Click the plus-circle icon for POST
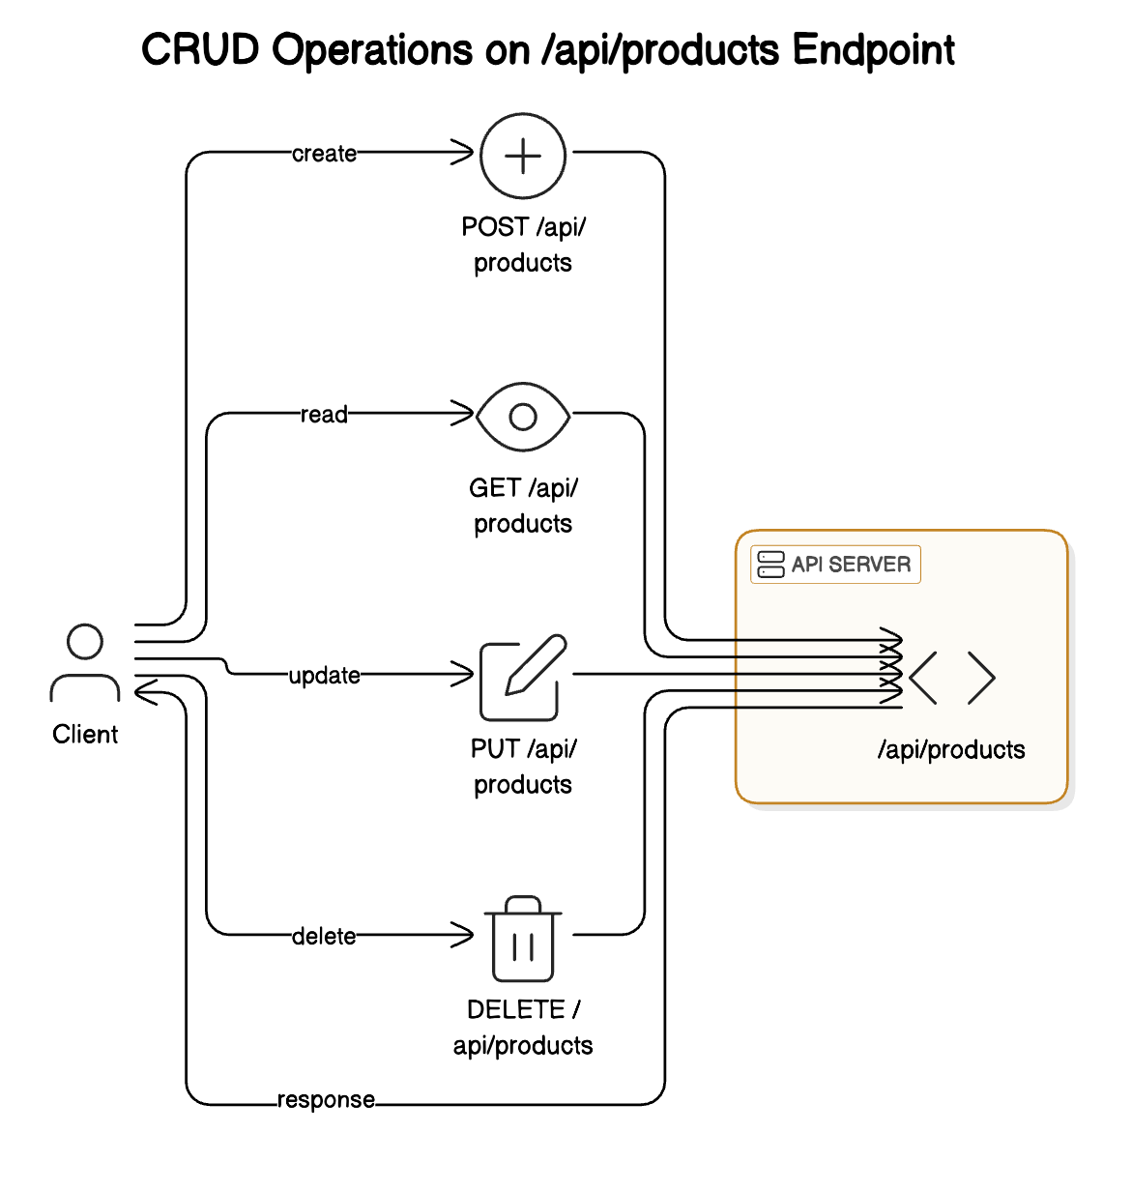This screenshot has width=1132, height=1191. pos(523,156)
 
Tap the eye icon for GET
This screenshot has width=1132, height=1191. pos(523,417)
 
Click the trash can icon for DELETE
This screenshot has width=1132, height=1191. pos(523,939)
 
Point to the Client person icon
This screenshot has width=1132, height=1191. pos(85,662)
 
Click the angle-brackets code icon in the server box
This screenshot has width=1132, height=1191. pos(952,678)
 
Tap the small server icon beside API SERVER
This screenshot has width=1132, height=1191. pos(770,565)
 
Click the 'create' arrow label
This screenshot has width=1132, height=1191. pos(324,154)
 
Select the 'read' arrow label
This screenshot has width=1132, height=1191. pos(324,415)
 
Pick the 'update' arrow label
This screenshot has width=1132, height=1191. pos(324,676)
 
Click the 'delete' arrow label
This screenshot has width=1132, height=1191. pos(324,936)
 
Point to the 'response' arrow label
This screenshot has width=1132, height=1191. pos(326,1100)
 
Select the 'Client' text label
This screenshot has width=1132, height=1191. pos(85,735)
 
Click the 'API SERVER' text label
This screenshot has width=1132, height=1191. pos(851,565)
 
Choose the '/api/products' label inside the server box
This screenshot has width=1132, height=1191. pos(951,750)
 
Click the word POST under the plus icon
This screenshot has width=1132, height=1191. pos(494,227)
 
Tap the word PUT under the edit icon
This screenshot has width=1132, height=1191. pos(494,749)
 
